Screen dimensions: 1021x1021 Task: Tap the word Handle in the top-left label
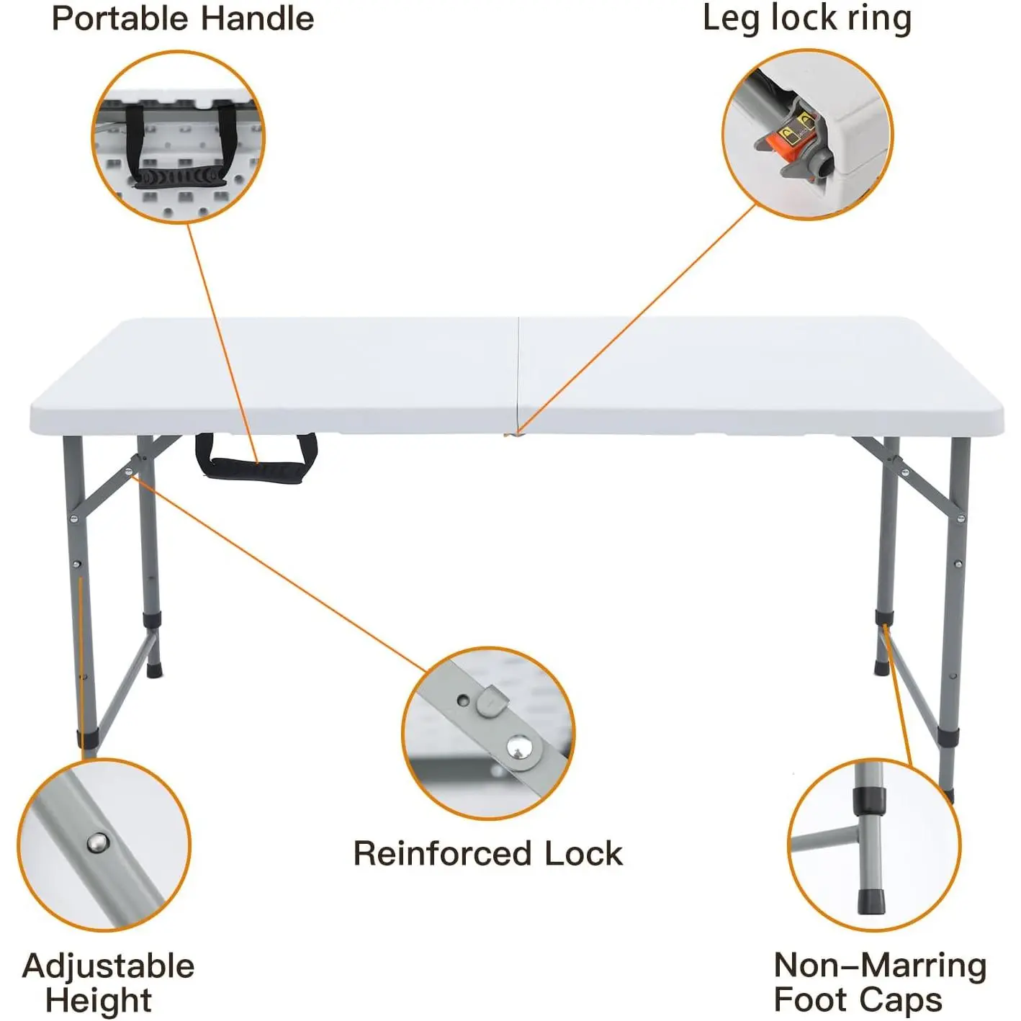(x=266, y=18)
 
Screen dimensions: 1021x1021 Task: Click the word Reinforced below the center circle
(x=441, y=854)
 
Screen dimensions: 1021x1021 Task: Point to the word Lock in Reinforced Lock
(x=583, y=854)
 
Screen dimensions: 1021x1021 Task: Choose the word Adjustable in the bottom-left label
(x=109, y=966)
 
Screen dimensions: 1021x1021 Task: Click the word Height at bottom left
(x=98, y=1000)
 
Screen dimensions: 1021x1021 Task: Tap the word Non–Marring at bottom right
(x=879, y=966)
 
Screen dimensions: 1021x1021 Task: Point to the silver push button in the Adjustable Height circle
(x=97, y=842)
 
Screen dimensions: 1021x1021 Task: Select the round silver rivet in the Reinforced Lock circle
(x=518, y=749)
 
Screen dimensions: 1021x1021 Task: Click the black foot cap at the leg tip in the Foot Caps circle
(x=869, y=900)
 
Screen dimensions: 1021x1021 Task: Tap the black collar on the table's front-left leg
(x=87, y=739)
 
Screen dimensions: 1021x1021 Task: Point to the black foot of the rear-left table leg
(x=154, y=671)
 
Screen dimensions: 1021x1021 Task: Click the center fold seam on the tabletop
(x=518, y=374)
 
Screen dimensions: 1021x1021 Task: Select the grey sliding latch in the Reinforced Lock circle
(x=492, y=701)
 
